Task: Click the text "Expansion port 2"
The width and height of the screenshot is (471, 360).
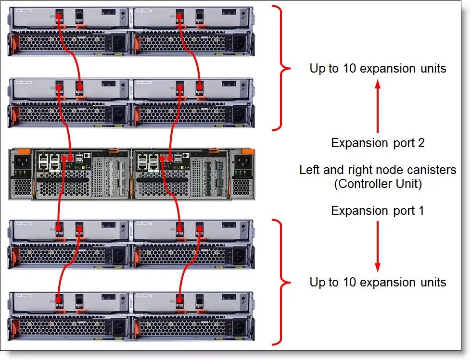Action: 378,143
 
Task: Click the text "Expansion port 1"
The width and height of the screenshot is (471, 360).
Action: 378,211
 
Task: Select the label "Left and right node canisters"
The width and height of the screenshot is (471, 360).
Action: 378,170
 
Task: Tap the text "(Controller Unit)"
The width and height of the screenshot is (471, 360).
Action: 378,184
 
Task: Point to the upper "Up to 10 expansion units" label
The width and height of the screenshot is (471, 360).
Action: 378,68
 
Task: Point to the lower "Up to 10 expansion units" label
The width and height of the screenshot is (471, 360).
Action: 378,282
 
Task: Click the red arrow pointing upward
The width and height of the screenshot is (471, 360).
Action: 378,106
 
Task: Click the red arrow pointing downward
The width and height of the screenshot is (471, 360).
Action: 378,245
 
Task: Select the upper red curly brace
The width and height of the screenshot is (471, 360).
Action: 281,68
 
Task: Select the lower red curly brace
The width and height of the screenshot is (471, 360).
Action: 281,282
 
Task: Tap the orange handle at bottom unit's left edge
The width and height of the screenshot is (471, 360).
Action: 14,328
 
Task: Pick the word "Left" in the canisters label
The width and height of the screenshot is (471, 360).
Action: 309,170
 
